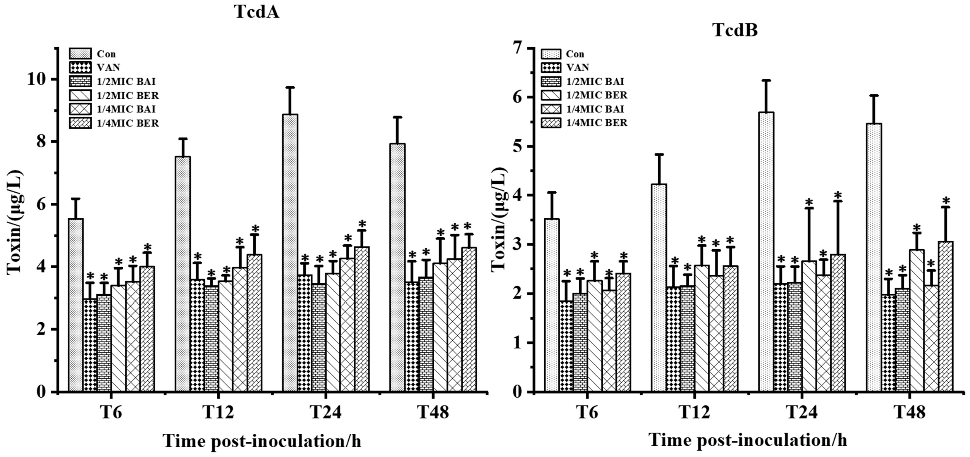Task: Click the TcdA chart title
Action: click(x=256, y=12)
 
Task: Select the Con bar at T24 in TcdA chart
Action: click(x=291, y=252)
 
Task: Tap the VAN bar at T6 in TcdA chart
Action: click(x=90, y=345)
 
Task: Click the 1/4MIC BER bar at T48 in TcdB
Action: click(x=946, y=316)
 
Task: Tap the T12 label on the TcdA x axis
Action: click(x=218, y=412)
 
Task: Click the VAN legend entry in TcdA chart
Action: click(x=108, y=67)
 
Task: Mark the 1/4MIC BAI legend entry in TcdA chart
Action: click(x=128, y=109)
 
